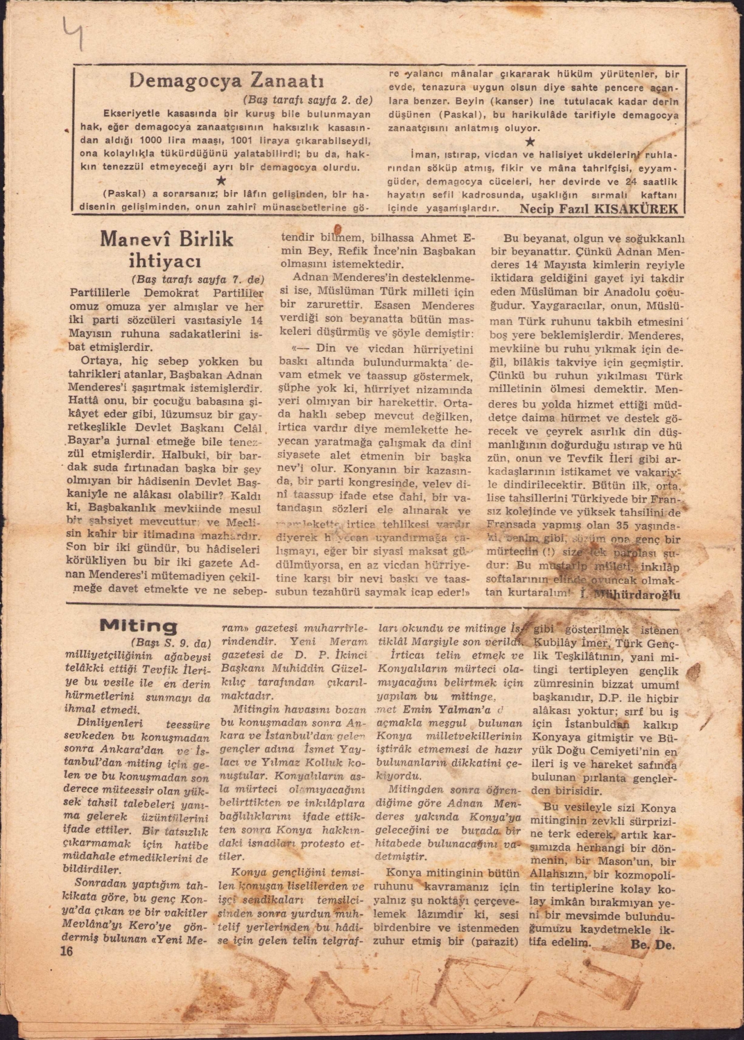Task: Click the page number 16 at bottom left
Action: [67, 951]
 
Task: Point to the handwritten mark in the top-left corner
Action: [72, 33]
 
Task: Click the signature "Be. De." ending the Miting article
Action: [653, 944]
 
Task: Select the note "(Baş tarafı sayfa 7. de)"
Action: [198, 279]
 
